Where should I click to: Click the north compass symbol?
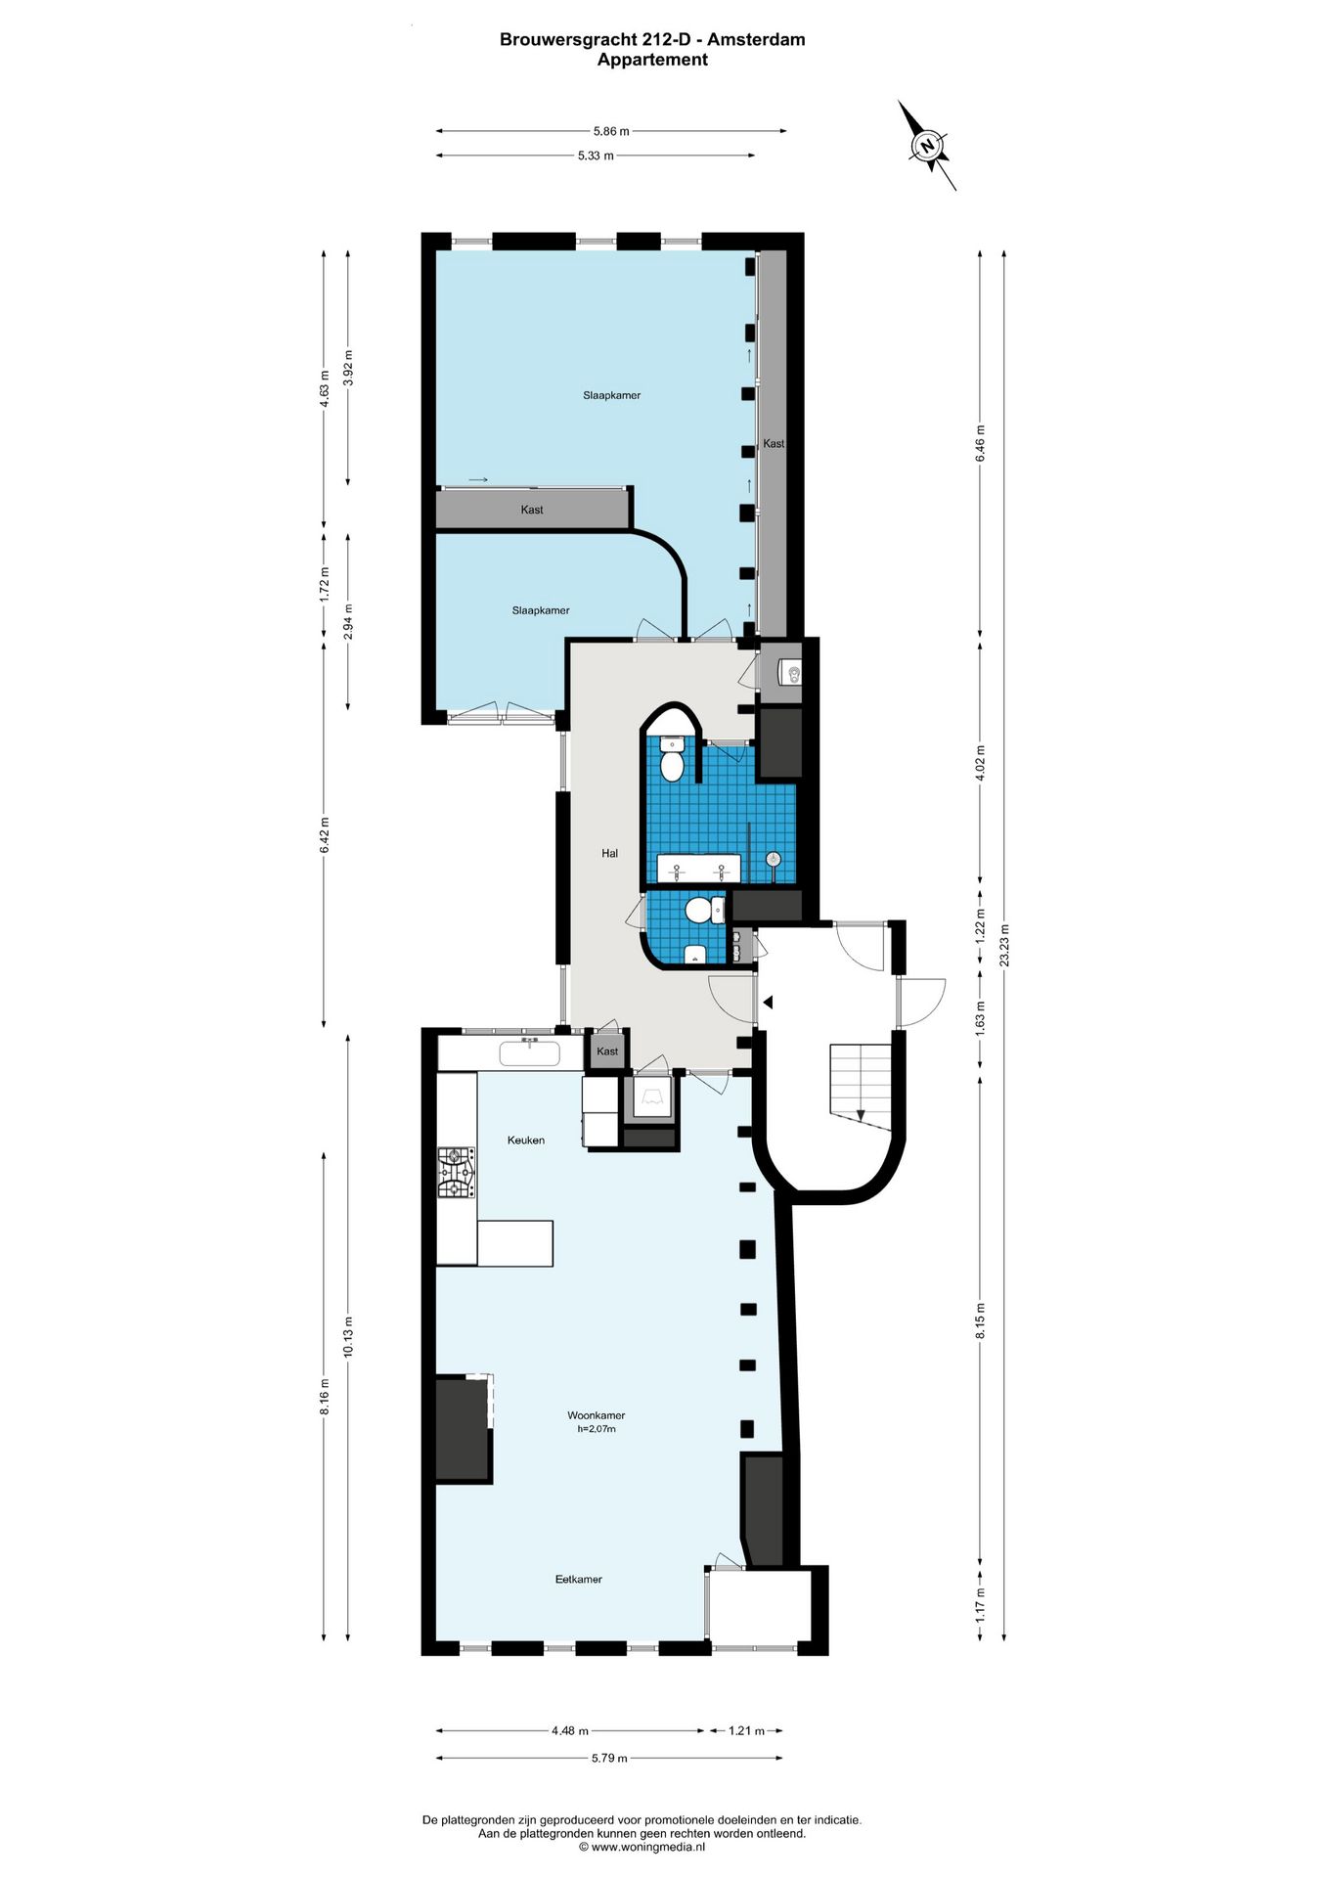click(927, 146)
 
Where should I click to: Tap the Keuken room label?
click(526, 1140)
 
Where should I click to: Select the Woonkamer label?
click(596, 1415)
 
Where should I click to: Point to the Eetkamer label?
click(578, 1579)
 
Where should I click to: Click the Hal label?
click(609, 854)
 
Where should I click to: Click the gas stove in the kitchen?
click(457, 1173)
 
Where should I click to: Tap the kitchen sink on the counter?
click(529, 1053)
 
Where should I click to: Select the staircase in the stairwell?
click(861, 1083)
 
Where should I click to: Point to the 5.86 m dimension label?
click(611, 131)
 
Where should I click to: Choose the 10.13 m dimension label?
click(348, 1336)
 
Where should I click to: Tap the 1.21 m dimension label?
click(746, 1730)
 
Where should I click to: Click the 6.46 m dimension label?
click(980, 443)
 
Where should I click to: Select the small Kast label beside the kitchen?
click(607, 1051)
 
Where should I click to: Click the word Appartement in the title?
click(652, 60)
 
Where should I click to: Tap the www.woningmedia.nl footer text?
click(642, 1848)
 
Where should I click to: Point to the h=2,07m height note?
click(596, 1429)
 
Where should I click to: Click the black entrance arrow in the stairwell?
click(769, 1003)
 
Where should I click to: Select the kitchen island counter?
click(514, 1243)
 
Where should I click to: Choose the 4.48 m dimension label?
click(570, 1730)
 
